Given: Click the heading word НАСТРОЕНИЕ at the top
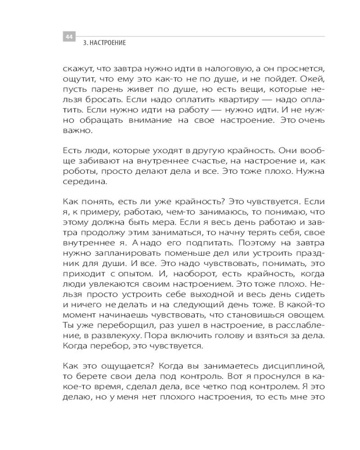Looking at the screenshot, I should pos(108,43).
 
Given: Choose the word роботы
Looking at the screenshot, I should pos(79,171).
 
